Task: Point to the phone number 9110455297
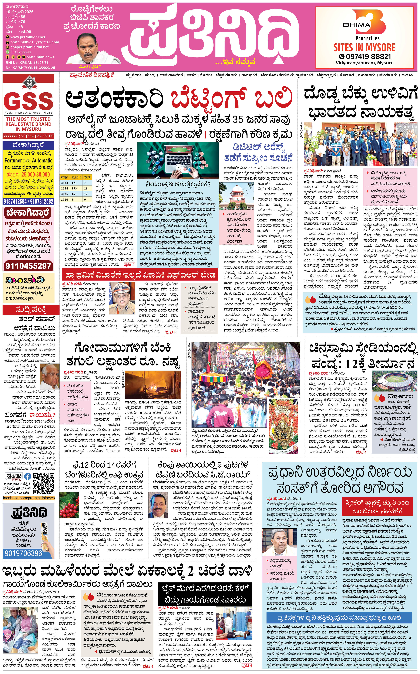coord(28,266)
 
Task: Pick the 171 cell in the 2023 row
coord(74,183)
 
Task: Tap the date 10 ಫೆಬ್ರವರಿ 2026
coord(19,12)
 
